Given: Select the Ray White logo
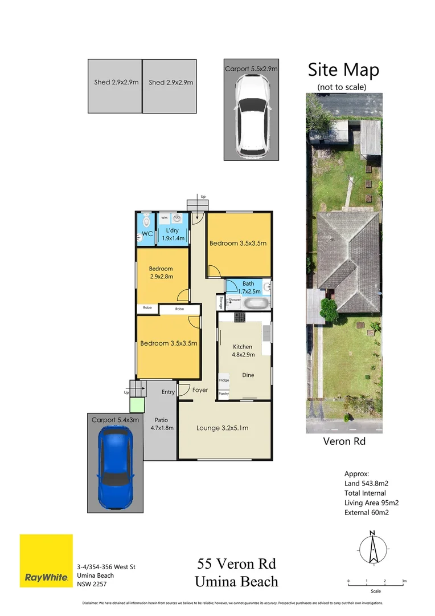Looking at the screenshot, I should pos(46,561).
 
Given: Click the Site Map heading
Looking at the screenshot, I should pos(343,70).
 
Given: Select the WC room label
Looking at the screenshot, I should pos(146,234).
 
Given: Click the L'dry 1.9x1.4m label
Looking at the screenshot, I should pos(173,234).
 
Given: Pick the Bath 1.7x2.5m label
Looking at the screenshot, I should pos(248,287).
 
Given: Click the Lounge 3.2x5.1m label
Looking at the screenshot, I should pos(222,428).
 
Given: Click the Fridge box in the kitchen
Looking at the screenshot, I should pos(224,380).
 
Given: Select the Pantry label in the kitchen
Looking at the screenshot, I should pos(224,394).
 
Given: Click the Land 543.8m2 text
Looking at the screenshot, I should pos(366,483).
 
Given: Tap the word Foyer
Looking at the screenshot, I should pos(200,390).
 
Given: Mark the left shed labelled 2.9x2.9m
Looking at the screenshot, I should pos(114,86).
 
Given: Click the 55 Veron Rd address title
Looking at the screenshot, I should pos(236,565).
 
